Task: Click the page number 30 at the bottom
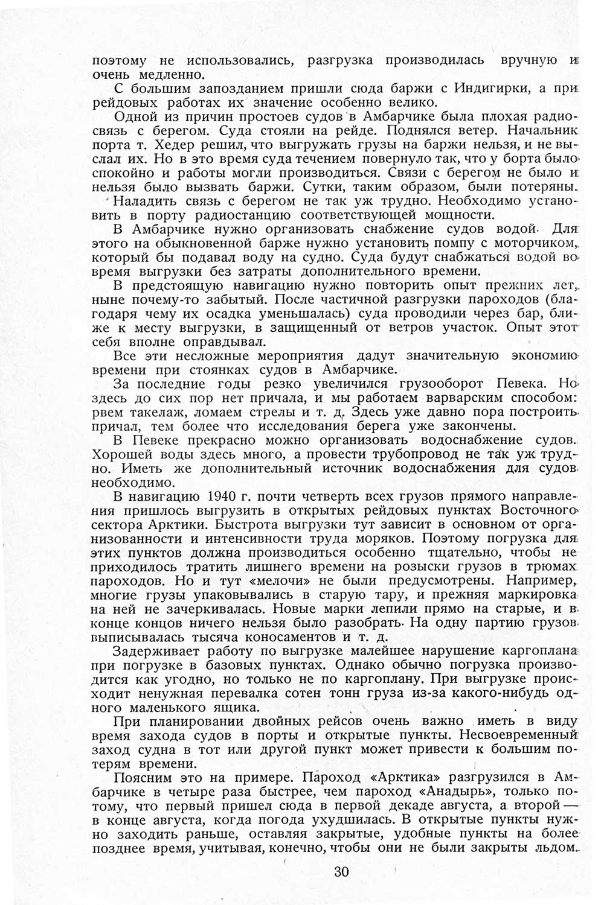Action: click(x=341, y=871)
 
